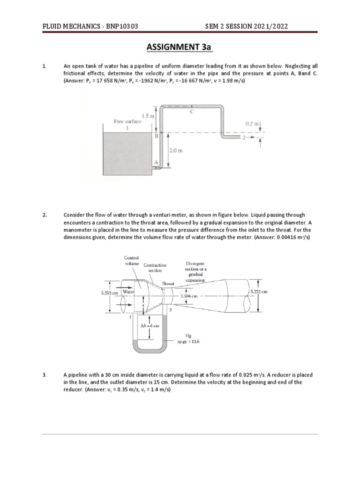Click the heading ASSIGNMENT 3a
[180, 48]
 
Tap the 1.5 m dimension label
[148, 115]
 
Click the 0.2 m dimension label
[252, 124]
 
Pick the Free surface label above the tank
[127, 121]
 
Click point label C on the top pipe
[192, 112]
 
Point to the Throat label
[168, 284]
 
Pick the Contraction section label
[155, 268]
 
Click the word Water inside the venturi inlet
[128, 292]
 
